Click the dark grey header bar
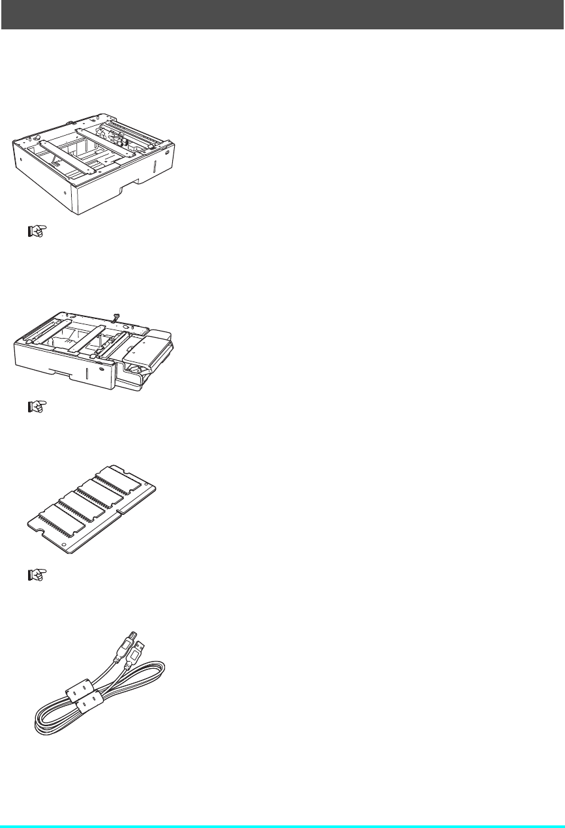[x=282, y=14]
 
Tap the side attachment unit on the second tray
[x=149, y=356]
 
